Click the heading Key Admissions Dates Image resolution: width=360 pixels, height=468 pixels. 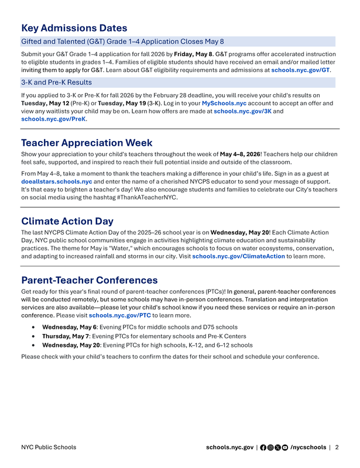click(74, 27)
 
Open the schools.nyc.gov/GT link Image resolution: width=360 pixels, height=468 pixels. click(300, 70)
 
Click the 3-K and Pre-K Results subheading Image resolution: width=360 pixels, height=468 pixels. click(56, 82)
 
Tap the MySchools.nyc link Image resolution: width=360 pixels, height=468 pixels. click(224, 103)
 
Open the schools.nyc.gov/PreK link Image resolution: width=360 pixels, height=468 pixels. click(53, 119)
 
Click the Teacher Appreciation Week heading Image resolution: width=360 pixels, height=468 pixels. click(87, 143)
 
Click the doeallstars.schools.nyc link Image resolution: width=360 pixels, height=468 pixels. click(57, 182)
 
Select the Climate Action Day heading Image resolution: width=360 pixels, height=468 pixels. click(67, 221)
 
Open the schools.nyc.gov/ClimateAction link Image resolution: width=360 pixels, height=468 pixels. click(238, 256)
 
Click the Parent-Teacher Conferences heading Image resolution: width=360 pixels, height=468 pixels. click(89, 280)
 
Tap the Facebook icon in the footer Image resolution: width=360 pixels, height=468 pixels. click(263, 448)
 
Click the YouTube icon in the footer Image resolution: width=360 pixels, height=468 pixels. click(285, 448)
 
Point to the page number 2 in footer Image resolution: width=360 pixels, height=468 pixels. click(337, 448)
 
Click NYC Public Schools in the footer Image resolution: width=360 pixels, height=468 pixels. click(48, 448)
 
